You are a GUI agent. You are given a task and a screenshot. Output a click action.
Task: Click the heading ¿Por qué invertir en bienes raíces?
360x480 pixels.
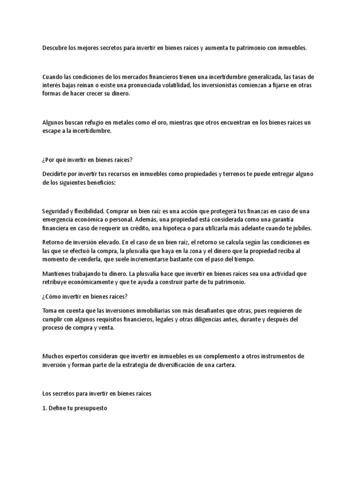(88, 159)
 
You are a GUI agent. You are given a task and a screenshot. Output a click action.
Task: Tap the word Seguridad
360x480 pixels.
(55, 211)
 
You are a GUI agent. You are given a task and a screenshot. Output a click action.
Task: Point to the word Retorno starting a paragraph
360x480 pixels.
(53, 242)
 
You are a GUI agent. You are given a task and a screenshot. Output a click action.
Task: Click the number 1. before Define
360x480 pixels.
(44, 408)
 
